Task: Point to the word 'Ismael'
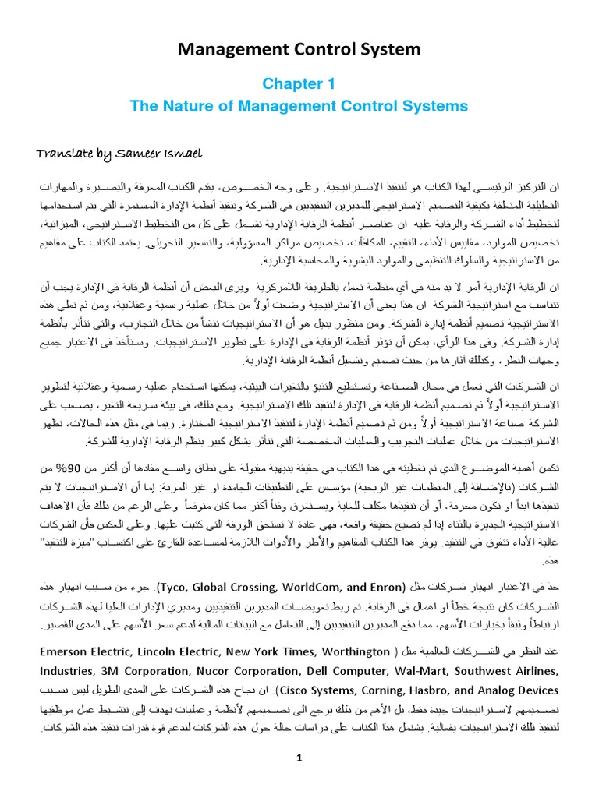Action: (x=182, y=152)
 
